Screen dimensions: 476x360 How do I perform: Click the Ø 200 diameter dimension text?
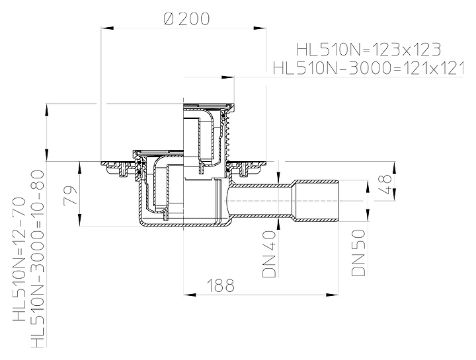click(186, 19)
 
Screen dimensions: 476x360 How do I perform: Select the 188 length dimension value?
click(221, 285)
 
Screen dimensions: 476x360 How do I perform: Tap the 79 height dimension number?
click(71, 196)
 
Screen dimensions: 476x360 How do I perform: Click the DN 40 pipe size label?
click(269, 254)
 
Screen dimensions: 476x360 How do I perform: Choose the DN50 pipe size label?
click(358, 252)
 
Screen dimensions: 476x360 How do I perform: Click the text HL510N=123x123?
click(368, 50)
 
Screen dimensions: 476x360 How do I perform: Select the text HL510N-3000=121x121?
click(368, 68)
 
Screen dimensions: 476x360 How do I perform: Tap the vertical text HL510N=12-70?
click(19, 260)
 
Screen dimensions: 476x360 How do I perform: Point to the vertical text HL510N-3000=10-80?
click(38, 259)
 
